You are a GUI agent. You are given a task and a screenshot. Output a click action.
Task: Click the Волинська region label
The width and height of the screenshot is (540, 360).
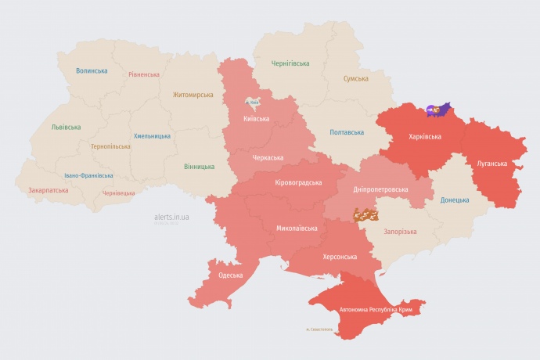pyautogui.click(x=92, y=70)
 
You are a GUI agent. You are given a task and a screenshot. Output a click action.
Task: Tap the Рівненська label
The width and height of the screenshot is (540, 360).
pyautogui.click(x=143, y=75)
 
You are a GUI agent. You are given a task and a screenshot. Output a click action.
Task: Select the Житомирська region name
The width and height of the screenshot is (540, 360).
pyautogui.click(x=193, y=95)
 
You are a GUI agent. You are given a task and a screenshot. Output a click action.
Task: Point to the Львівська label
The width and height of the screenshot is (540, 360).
pyautogui.click(x=66, y=127)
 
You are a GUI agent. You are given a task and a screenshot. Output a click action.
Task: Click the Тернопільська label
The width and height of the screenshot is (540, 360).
pyautogui.click(x=110, y=146)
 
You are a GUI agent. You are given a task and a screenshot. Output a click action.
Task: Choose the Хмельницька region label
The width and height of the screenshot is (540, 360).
pyautogui.click(x=152, y=135)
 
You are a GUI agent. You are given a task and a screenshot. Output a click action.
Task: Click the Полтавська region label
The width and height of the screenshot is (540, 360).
pyautogui.click(x=347, y=132)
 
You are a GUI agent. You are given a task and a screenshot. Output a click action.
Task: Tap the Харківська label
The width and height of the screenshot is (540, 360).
pyautogui.click(x=425, y=136)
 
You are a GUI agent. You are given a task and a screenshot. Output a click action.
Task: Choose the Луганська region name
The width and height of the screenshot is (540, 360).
pyautogui.click(x=491, y=164)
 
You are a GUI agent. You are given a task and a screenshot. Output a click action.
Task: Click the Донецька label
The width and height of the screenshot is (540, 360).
pyautogui.click(x=455, y=200)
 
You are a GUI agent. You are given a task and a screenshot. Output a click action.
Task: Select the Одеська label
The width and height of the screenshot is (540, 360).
pyautogui.click(x=231, y=275)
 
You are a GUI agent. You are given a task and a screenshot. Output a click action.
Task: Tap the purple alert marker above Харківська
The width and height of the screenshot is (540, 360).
pyautogui.click(x=438, y=110)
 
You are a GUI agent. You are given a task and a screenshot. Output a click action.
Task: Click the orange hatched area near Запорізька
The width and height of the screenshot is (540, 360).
pyautogui.click(x=365, y=213)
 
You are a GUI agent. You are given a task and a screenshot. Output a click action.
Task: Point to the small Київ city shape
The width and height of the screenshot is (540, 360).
pyautogui.click(x=254, y=103)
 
